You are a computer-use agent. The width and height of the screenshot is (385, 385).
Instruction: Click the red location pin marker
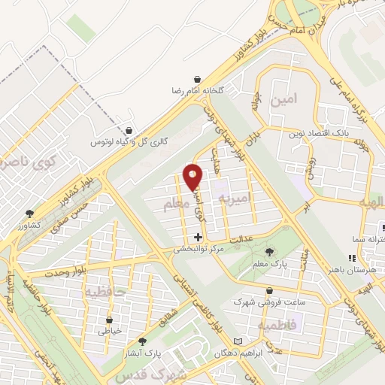[x=192, y=177]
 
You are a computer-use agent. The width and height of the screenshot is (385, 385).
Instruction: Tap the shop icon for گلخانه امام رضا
[x=197, y=79]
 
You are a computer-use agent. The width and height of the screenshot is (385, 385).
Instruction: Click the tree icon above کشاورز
[x=29, y=214]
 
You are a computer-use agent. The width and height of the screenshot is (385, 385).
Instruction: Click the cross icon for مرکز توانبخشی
[x=198, y=237]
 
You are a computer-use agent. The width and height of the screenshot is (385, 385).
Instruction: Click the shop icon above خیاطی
[x=110, y=319]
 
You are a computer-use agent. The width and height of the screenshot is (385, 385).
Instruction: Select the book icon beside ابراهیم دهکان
[x=238, y=342]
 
